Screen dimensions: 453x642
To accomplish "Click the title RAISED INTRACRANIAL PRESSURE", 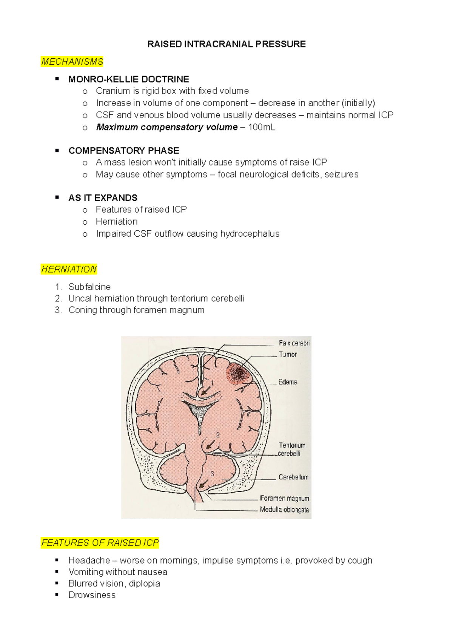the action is pyautogui.click(x=226, y=44).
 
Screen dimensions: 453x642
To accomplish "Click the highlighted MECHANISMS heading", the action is pyautogui.click(x=72, y=62).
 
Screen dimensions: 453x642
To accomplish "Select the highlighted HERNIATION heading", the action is pyautogui.click(x=69, y=269).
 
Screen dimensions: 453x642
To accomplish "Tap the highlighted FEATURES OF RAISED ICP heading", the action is pyautogui.click(x=100, y=543).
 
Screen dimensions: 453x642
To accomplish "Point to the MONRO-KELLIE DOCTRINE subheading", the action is pyautogui.click(x=129, y=79).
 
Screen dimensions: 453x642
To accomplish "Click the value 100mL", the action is pyautogui.click(x=262, y=127).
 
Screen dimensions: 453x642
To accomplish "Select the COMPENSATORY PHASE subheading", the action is pyautogui.click(x=124, y=150).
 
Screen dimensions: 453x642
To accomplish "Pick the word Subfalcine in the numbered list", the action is pyautogui.click(x=89, y=287).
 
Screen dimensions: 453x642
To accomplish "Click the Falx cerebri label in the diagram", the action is pyautogui.click(x=294, y=343).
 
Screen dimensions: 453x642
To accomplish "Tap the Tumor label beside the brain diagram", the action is pyautogui.click(x=288, y=354).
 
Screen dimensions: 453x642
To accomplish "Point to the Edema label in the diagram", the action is pyautogui.click(x=288, y=382).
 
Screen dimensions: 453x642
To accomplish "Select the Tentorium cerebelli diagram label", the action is pyautogui.click(x=291, y=449).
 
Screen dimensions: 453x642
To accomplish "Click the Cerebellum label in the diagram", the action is pyautogui.click(x=293, y=477).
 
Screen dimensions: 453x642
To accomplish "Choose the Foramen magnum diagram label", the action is pyautogui.click(x=284, y=498).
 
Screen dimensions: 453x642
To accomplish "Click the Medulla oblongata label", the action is pyautogui.click(x=284, y=510).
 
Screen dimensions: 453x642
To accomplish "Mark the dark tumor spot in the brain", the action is pyautogui.click(x=238, y=374).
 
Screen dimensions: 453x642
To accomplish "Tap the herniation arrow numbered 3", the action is pyautogui.click(x=204, y=484).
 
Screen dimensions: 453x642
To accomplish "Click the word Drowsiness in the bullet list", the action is pyautogui.click(x=92, y=595).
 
